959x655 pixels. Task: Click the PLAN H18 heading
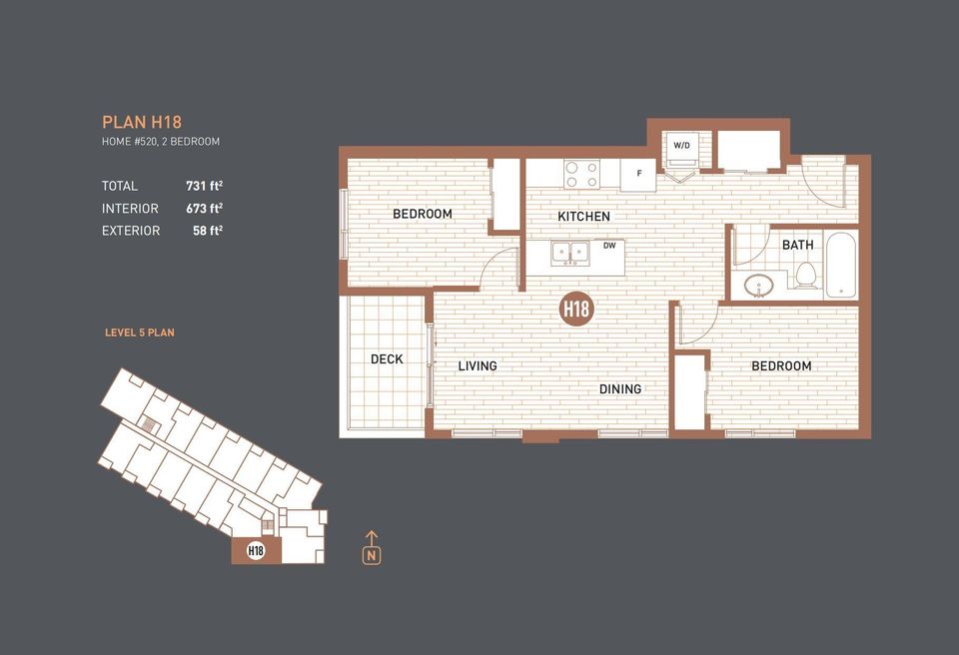click(x=142, y=122)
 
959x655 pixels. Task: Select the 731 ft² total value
click(x=204, y=186)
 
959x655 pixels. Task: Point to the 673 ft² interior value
click(x=204, y=209)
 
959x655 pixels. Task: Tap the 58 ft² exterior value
click(x=207, y=231)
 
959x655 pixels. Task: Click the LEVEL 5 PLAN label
click(x=140, y=332)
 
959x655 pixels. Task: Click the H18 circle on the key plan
click(x=256, y=550)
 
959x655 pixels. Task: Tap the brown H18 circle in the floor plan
click(x=576, y=309)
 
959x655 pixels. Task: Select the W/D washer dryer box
click(x=682, y=146)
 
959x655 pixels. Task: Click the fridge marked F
click(x=638, y=175)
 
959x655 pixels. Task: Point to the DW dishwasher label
click(x=609, y=245)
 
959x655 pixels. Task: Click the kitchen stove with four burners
click(x=581, y=175)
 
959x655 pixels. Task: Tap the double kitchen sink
click(x=570, y=255)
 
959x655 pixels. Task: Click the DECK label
click(x=387, y=358)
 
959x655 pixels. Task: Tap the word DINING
click(x=620, y=388)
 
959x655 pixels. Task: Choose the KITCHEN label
click(x=583, y=217)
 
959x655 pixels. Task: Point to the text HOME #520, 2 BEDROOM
click(x=161, y=142)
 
